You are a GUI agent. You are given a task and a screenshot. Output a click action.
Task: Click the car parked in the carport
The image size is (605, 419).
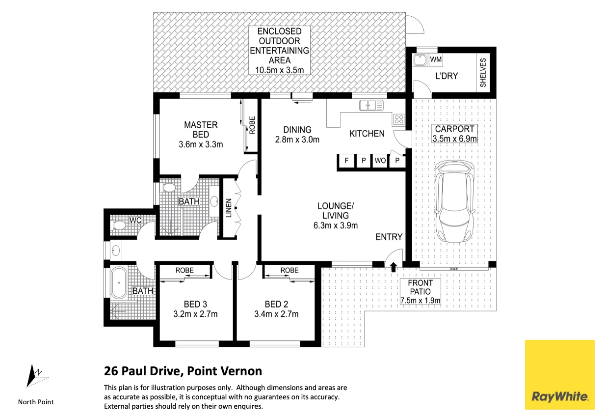(x=454, y=201)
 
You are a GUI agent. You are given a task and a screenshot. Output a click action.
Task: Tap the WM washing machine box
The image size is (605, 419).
(x=436, y=59)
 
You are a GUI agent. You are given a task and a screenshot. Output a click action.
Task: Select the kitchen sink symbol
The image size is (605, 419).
(x=371, y=106)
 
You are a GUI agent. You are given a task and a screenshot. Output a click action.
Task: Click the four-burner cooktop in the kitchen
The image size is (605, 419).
(x=399, y=119)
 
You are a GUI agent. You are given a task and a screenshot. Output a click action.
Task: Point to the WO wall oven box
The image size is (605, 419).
(x=380, y=161)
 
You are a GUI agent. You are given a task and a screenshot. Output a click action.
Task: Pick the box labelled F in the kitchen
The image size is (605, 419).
(x=346, y=161)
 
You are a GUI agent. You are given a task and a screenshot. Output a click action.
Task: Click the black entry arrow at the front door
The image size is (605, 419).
(x=394, y=267)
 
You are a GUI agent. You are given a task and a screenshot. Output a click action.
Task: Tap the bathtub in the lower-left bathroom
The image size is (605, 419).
(x=119, y=283)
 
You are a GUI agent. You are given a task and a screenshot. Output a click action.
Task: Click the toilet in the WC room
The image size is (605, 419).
(x=119, y=225)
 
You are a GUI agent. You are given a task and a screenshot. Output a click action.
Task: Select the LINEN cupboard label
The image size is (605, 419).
(x=229, y=208)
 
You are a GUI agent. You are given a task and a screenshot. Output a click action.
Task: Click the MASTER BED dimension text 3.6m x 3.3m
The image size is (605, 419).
(x=201, y=144)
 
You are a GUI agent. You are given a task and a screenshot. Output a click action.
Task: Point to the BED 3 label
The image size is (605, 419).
(x=195, y=304)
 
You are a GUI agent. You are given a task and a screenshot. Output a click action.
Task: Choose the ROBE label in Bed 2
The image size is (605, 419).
(x=289, y=270)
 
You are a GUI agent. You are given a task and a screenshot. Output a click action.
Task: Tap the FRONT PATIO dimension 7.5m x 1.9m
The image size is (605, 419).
(x=420, y=300)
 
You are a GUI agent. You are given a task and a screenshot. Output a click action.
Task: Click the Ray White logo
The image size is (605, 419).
(x=560, y=375)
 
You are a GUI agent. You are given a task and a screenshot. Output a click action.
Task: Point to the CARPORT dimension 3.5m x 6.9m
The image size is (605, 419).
(x=454, y=139)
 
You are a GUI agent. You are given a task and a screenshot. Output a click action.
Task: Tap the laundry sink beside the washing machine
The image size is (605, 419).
(x=420, y=60)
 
